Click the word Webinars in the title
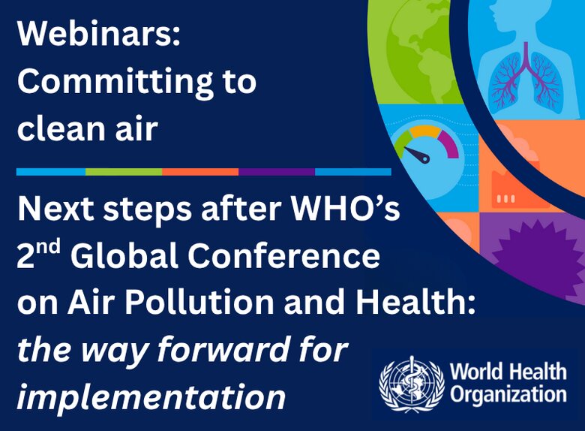click(98, 34)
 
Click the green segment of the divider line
click(124, 172)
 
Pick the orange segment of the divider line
click(200, 172)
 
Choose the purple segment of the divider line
click(277, 172)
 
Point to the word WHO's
click(346, 209)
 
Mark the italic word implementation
click(151, 396)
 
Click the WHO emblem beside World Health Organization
click(412, 384)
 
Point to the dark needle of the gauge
click(418, 154)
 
